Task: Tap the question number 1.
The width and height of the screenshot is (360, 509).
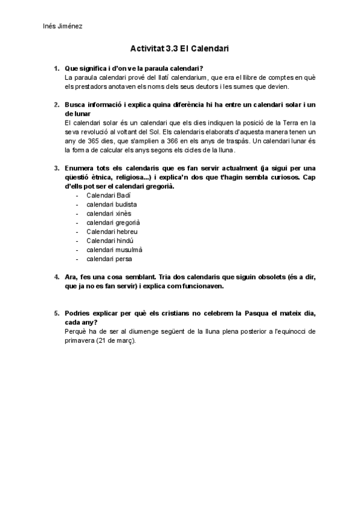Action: coord(56,69)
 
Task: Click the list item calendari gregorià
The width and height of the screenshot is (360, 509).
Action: coord(109,223)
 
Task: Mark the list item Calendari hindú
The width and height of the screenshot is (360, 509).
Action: coord(107,241)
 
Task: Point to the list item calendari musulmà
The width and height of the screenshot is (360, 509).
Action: coord(110,250)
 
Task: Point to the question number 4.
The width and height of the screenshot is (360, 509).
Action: coord(56,277)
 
